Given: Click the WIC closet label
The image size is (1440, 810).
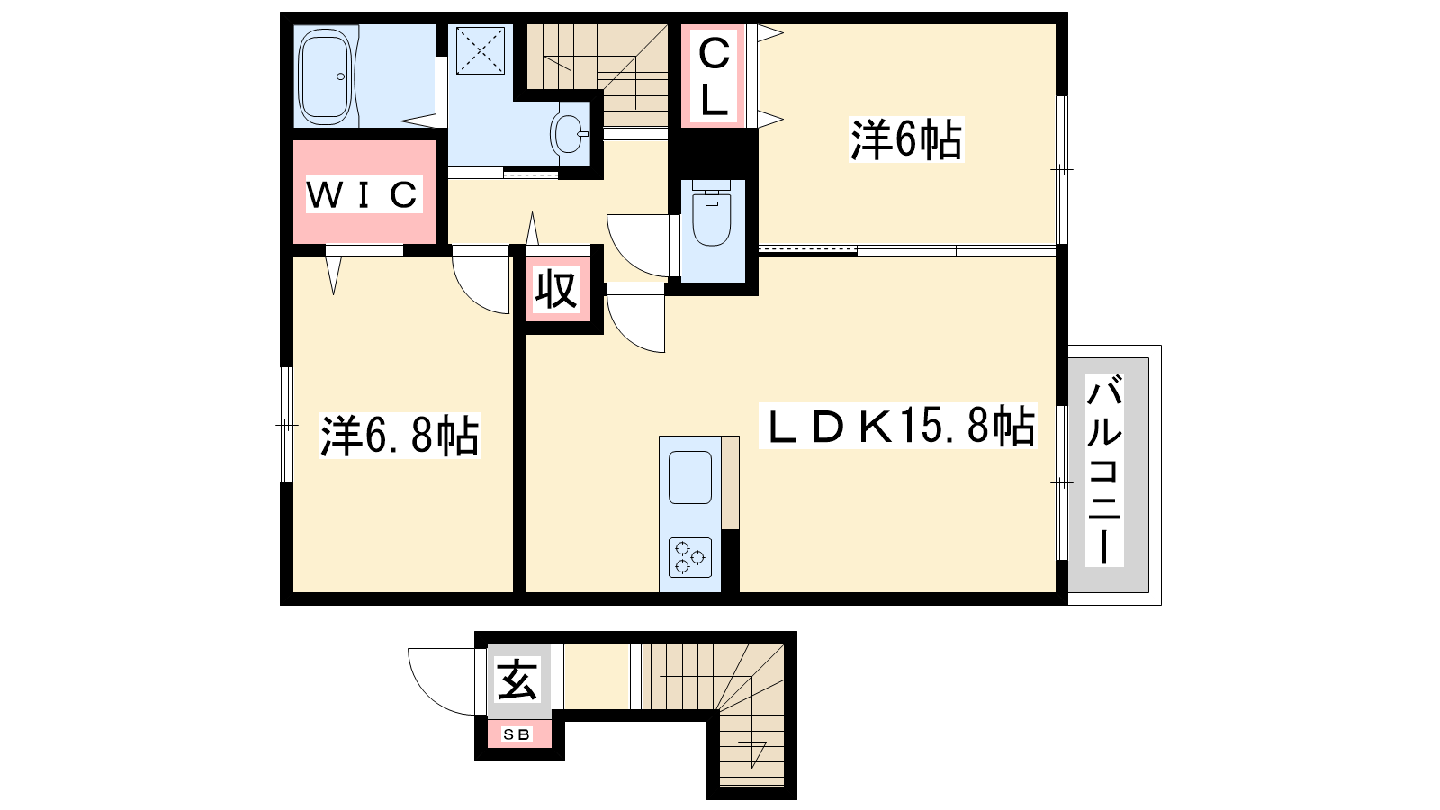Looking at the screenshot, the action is click(364, 194).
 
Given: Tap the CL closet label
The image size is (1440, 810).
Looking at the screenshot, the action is click(714, 76).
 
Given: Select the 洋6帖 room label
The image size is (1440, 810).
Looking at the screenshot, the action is click(906, 139).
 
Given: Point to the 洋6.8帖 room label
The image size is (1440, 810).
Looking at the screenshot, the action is click(400, 436).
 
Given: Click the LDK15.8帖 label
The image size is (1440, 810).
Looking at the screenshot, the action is click(898, 426).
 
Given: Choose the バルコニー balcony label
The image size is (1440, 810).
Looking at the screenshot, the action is click(1104, 471).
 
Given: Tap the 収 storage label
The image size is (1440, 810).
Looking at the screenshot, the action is click(557, 289).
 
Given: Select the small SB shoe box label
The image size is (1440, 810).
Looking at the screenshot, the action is click(517, 734).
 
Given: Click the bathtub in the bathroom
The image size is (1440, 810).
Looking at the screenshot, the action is click(325, 77).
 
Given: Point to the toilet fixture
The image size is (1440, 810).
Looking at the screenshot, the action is click(712, 214).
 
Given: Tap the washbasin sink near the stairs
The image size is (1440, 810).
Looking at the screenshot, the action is click(570, 134).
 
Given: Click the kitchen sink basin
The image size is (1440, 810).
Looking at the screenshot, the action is click(689, 477).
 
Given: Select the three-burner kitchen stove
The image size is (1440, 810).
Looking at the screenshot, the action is click(689, 557).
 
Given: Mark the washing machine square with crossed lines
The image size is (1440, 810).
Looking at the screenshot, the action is click(481, 50).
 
